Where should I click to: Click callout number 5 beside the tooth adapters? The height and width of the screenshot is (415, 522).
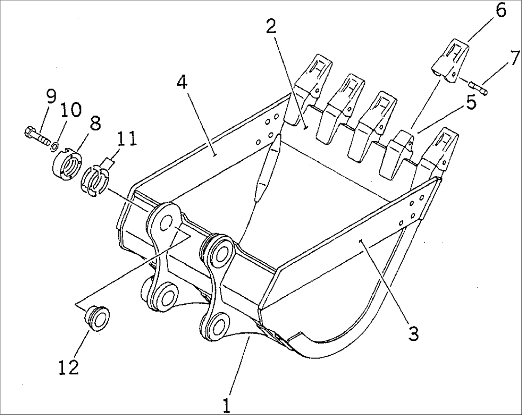pos(471,103)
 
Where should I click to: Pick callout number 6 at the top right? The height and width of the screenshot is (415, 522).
pos(500,11)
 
